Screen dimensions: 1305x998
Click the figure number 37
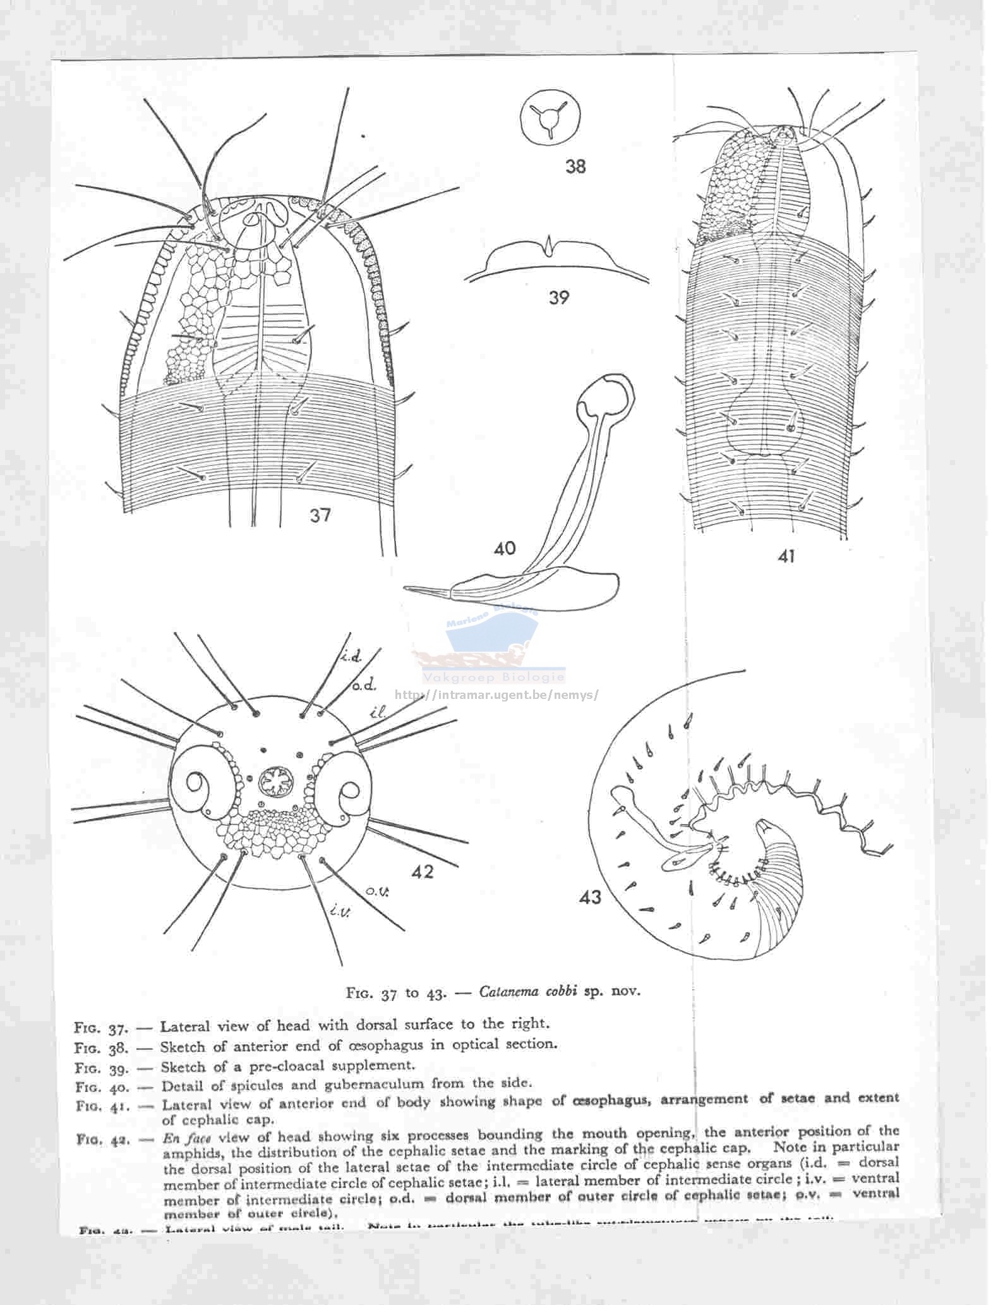point(320,515)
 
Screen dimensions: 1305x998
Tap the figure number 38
point(575,166)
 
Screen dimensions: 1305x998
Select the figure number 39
point(559,297)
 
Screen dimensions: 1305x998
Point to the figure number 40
point(505,548)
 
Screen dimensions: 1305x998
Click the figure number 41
point(786,556)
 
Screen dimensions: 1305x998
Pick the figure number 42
point(423,871)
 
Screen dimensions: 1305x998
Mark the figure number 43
point(590,897)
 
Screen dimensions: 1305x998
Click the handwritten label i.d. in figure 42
point(351,657)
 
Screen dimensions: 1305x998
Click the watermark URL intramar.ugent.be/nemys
point(496,695)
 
